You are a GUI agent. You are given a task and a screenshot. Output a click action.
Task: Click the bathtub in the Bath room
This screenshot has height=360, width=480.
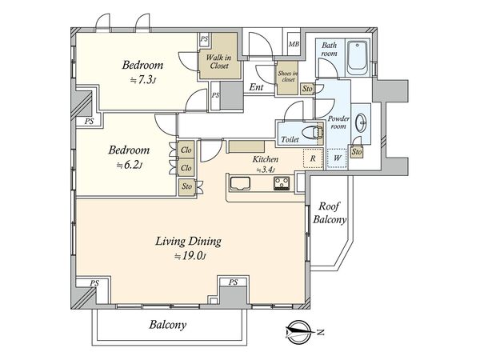point(358,58)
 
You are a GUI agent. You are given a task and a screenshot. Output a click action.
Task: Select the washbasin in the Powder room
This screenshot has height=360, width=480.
point(362,123)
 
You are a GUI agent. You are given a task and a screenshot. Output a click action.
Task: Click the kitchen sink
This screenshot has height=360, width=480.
point(240,183)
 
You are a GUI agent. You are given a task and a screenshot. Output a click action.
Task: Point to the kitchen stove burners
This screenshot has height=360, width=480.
point(282,183)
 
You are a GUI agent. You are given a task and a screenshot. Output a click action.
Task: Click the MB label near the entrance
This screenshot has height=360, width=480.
point(294,44)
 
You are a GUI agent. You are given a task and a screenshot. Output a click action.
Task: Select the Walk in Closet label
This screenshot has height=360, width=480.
point(218,62)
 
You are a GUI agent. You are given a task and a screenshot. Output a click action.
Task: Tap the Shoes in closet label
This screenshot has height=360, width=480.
point(287,77)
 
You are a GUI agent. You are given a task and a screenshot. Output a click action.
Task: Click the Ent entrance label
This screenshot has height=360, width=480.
point(256,87)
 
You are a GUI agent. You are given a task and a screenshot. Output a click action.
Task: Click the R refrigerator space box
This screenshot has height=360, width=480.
point(313,158)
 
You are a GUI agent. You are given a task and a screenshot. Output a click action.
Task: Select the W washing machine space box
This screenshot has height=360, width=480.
point(338,158)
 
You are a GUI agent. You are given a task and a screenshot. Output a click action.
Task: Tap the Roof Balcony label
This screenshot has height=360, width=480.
point(330,213)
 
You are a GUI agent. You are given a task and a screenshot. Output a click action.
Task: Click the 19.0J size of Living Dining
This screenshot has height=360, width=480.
point(190,256)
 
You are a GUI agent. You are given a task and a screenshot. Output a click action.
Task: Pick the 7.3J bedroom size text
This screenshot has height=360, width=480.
point(143,80)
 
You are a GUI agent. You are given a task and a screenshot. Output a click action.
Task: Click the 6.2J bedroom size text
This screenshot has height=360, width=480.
point(130,166)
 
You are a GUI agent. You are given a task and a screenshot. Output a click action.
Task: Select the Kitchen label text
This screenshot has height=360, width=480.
point(266,159)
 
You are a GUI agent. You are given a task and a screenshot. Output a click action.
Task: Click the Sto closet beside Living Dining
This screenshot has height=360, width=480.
point(186,186)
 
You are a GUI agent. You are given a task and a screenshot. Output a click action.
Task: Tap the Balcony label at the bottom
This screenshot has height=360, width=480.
point(168,325)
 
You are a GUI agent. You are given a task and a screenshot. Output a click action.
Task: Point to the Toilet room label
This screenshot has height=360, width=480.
point(290,139)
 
